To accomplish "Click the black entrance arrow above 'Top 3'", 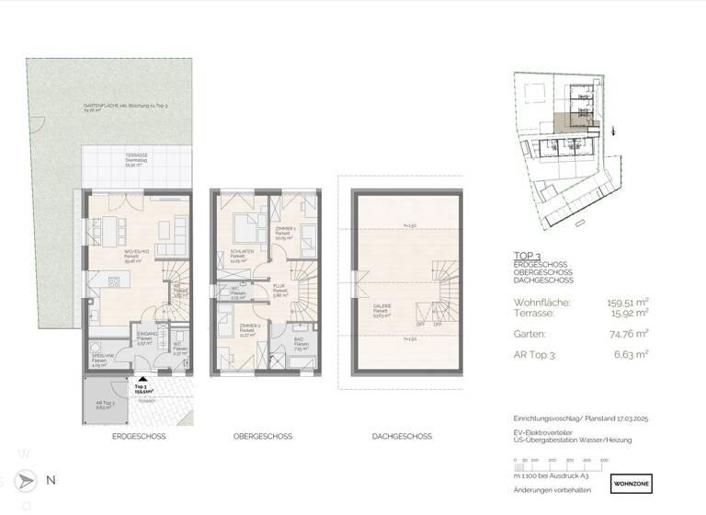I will pos(140,378).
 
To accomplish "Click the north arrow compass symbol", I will pos(28,480).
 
